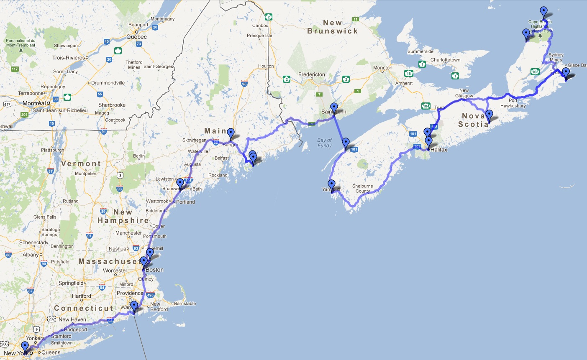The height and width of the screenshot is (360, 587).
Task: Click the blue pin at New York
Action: coord(25,347)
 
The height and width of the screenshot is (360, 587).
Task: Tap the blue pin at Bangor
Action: coord(230,134)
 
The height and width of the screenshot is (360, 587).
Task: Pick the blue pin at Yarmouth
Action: coord(331,185)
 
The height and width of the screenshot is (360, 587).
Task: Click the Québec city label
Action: coord(136,37)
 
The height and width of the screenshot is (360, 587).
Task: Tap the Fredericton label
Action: coord(311,74)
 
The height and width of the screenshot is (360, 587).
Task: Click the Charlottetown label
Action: coord(445,60)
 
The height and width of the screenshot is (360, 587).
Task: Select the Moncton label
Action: coord(382,68)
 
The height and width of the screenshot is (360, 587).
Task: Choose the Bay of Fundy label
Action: coord(325,143)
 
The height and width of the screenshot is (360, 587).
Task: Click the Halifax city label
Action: coord(438,149)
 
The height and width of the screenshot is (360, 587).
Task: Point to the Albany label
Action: coord(31,255)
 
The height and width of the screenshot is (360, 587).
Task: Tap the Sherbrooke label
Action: coord(112,105)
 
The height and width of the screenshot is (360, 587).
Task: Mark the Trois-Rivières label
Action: coord(69,58)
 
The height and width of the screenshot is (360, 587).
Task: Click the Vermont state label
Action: coord(81,163)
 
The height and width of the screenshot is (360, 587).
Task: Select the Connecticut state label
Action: coord(83,308)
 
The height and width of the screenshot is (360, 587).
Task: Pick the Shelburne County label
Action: coord(362,189)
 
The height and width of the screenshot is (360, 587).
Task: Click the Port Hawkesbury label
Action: coord(513,103)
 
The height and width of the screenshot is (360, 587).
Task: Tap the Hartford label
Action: coord(81,296)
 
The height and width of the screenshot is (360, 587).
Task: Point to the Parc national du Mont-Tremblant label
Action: coord(21,43)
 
